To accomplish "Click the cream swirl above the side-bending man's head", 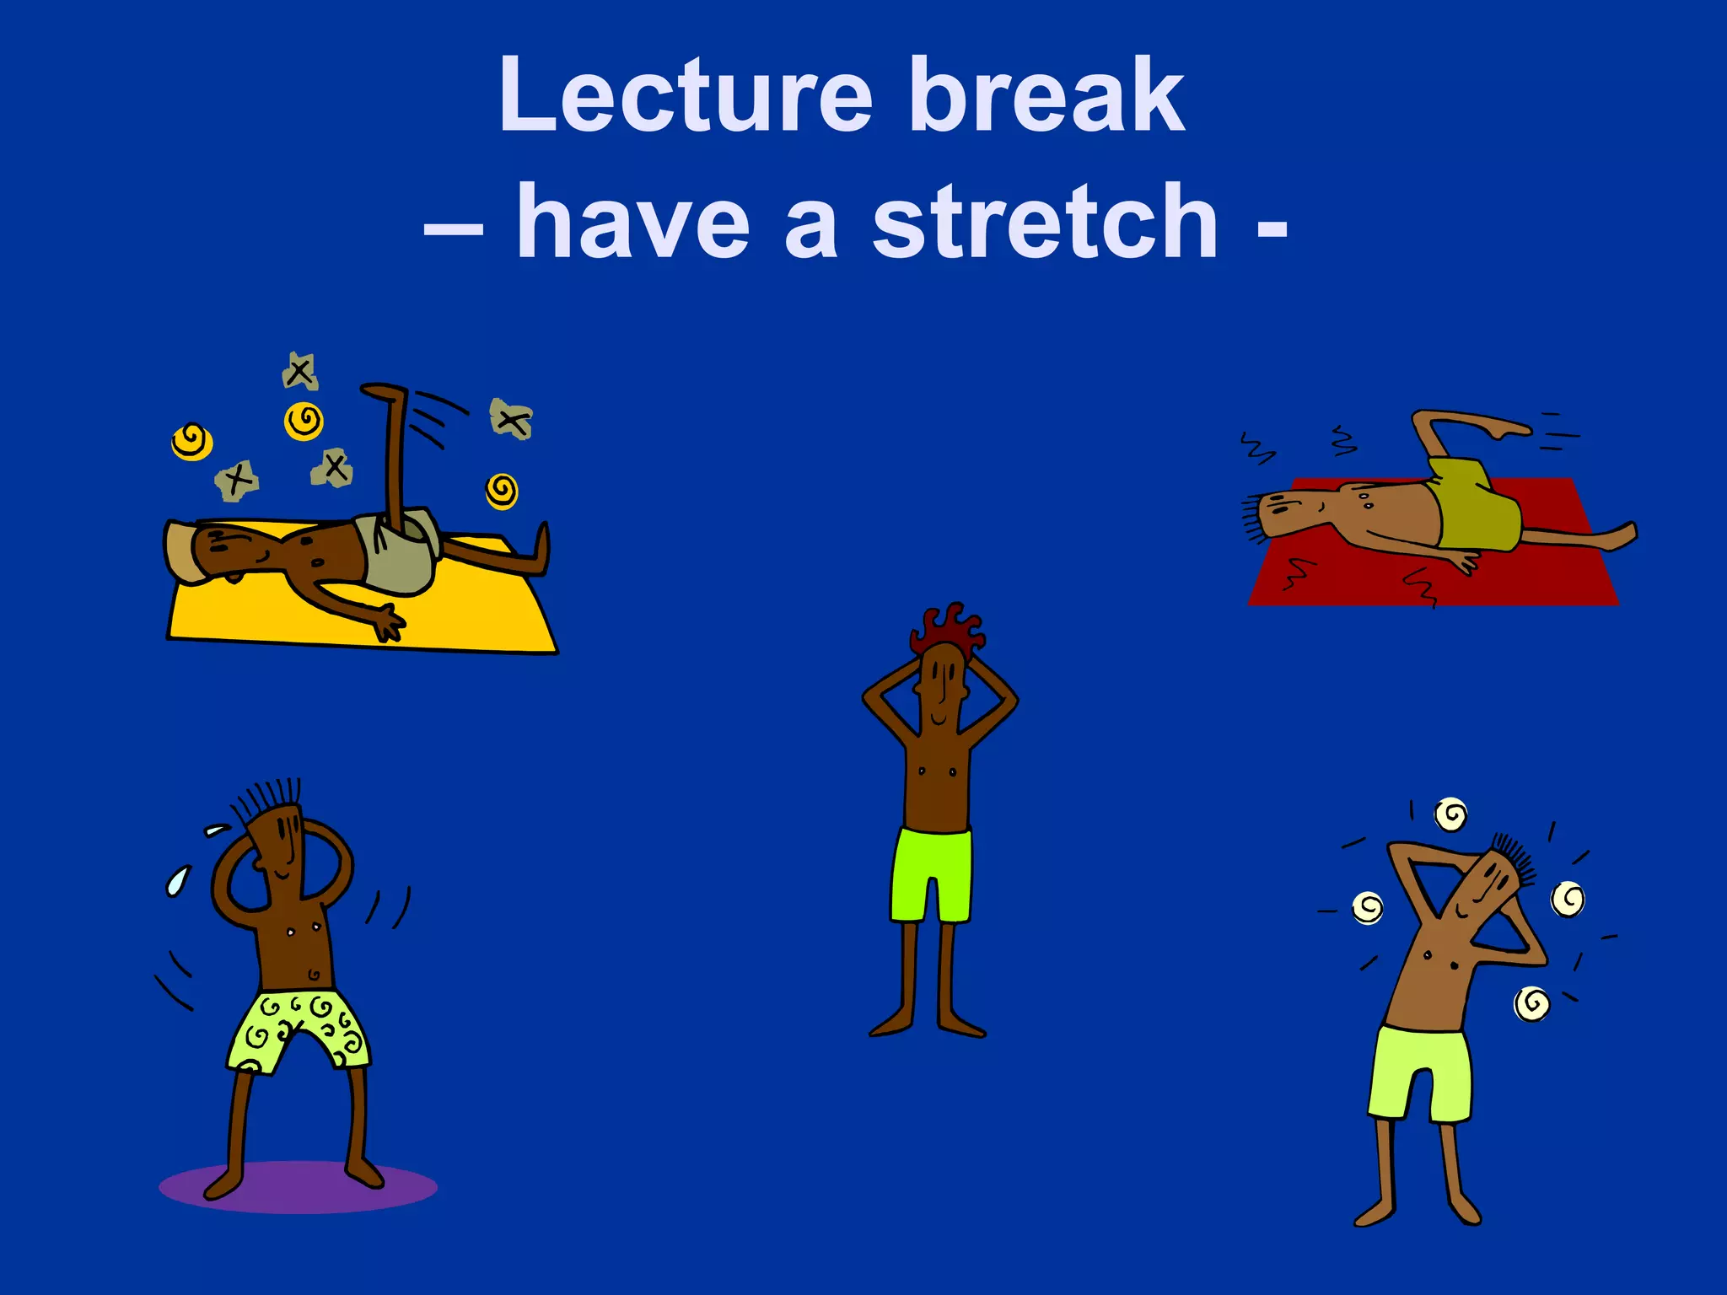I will tap(1450, 814).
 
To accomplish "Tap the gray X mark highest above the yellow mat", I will tap(299, 371).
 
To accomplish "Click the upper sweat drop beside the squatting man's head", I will tap(217, 830).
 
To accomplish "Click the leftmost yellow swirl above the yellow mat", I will tap(191, 441).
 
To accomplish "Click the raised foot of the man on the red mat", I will tap(1509, 430).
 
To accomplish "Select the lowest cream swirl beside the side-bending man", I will tap(1531, 1003).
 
